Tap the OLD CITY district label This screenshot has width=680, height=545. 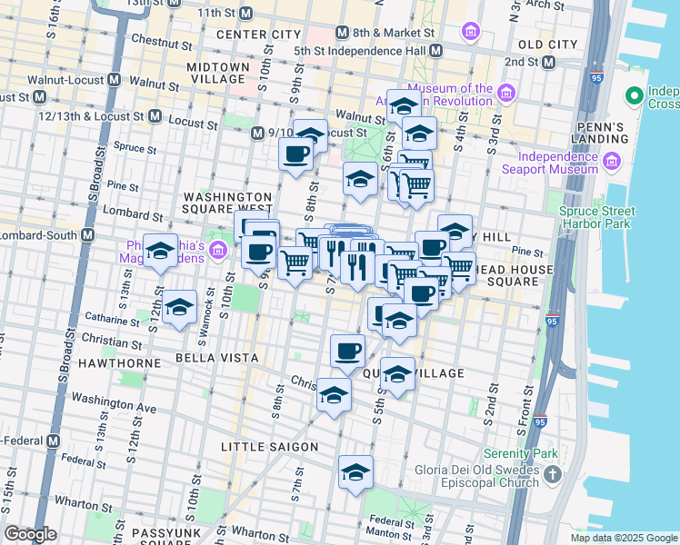(547, 44)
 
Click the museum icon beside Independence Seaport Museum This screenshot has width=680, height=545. (612, 162)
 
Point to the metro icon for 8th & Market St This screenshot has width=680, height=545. (342, 33)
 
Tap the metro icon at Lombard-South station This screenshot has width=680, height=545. (88, 235)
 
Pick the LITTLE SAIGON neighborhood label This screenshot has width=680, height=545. (270, 447)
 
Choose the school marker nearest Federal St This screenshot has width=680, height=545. (355, 472)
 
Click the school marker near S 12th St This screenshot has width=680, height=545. (179, 307)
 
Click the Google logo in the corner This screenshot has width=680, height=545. (30, 534)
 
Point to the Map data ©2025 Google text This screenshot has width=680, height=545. (623, 538)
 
